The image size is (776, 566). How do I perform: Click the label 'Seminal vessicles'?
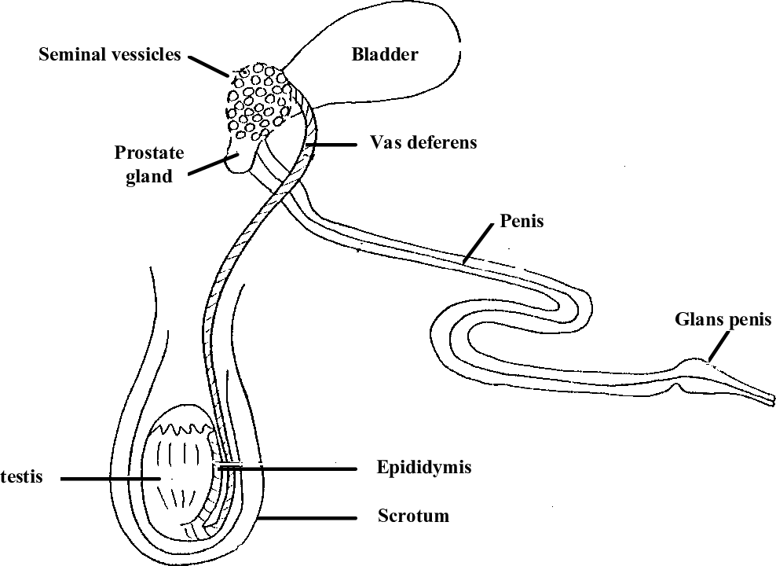coord(110,55)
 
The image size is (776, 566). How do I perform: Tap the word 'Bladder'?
coord(385,55)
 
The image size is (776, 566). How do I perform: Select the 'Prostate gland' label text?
coord(144,164)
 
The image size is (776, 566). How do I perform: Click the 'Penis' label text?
coord(522,221)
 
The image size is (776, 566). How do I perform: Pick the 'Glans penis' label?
coord(723,319)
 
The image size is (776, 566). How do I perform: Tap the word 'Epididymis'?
coord(424,468)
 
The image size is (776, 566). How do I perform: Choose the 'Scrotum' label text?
coord(414,516)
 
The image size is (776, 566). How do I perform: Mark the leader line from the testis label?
coord(110,478)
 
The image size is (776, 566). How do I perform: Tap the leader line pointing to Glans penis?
coord(720,345)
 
